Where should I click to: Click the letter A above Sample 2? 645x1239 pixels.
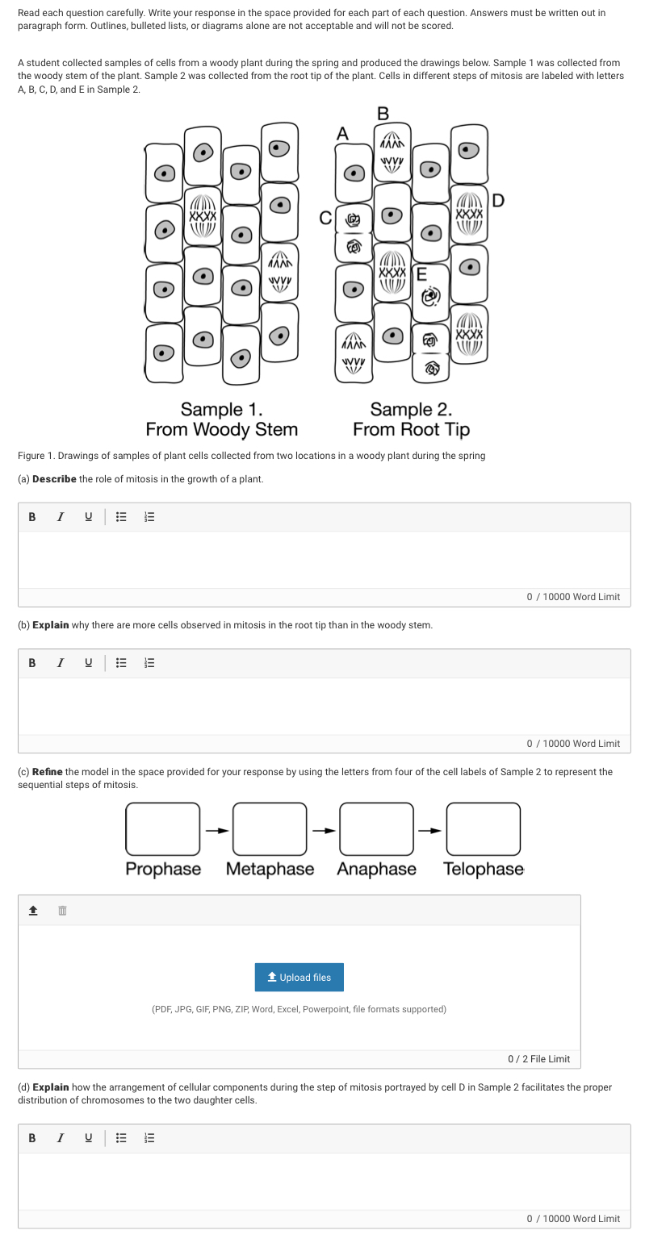point(342,134)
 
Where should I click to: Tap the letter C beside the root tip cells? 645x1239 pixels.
point(325,218)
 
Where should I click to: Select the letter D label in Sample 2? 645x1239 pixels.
point(498,201)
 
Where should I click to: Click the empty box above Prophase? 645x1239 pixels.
point(162,828)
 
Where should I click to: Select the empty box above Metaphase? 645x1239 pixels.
point(270,828)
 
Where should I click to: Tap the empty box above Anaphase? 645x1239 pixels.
point(376,828)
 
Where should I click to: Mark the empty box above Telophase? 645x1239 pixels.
point(483,828)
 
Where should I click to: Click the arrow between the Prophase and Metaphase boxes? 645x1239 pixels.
point(216,829)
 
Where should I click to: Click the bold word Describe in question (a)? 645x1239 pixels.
point(54,479)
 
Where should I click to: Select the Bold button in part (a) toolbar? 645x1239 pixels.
point(32,517)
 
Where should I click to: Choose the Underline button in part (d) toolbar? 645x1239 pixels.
point(88,1138)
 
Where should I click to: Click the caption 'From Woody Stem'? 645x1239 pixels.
point(221,429)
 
